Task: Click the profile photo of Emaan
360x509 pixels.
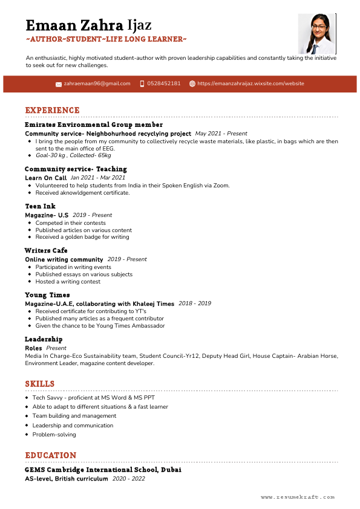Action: (x=317, y=34)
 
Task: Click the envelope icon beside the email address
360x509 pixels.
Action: (x=59, y=84)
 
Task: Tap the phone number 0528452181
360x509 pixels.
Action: (x=164, y=83)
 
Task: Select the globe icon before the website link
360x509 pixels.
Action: (x=192, y=84)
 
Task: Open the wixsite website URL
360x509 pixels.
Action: (x=250, y=83)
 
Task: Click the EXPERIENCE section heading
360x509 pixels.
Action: (x=52, y=111)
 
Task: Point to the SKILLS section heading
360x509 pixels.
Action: (x=40, y=384)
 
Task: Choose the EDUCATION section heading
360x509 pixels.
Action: (x=51, y=455)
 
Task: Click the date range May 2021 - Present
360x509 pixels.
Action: (x=221, y=134)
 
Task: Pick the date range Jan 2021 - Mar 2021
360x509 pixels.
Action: (x=98, y=178)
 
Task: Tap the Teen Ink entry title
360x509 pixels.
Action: (x=40, y=206)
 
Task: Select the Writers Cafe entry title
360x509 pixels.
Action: (x=46, y=250)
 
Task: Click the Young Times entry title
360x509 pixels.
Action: (x=47, y=295)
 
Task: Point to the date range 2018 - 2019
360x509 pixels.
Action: (x=195, y=303)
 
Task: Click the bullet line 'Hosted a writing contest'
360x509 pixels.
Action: (x=68, y=282)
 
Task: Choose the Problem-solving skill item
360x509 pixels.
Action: (x=54, y=435)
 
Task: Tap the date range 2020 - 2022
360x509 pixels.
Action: (x=129, y=478)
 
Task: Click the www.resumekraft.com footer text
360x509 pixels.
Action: (x=298, y=497)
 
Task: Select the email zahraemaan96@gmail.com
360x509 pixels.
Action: (x=97, y=83)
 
